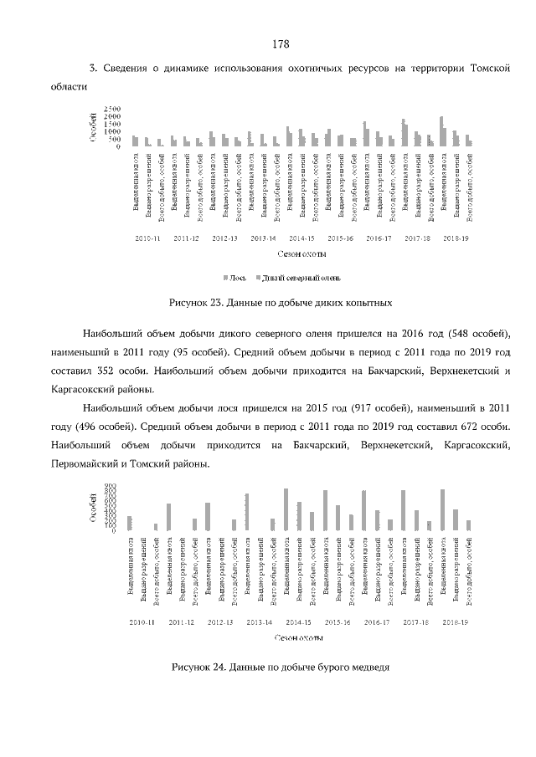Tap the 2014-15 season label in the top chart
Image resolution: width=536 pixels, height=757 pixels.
coord(300,238)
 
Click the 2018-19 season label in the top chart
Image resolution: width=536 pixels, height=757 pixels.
coord(455,238)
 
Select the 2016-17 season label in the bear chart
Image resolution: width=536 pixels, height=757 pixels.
coord(377,622)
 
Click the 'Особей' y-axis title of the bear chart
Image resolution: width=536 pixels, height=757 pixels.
coord(90,508)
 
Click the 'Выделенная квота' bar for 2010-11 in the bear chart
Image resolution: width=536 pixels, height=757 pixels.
coord(129,523)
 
